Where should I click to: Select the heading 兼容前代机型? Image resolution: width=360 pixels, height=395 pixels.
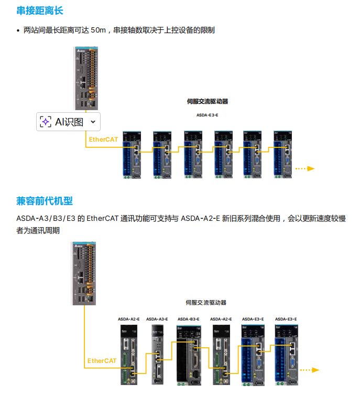[44, 201]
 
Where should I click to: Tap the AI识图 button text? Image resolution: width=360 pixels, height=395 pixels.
[69, 122]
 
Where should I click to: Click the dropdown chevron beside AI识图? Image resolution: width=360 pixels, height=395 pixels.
[93, 122]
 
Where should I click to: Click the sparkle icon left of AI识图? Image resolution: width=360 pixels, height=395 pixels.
[46, 122]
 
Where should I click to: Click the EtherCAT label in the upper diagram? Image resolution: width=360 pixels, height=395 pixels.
[103, 140]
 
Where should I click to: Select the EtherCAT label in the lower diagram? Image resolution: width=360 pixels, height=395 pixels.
[102, 360]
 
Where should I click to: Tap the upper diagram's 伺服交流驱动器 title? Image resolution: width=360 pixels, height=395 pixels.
[208, 101]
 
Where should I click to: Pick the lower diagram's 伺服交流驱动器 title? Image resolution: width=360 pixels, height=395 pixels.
[206, 303]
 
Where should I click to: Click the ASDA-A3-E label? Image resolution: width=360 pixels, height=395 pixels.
[157, 319]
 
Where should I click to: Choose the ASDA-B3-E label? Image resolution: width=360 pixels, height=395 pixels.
[189, 319]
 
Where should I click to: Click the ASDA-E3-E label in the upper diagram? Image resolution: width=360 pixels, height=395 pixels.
[207, 114]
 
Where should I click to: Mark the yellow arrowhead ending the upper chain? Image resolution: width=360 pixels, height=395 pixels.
[311, 168]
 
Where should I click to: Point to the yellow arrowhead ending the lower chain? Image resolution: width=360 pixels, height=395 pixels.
[315, 370]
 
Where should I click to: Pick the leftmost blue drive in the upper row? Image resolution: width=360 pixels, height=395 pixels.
[132, 154]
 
